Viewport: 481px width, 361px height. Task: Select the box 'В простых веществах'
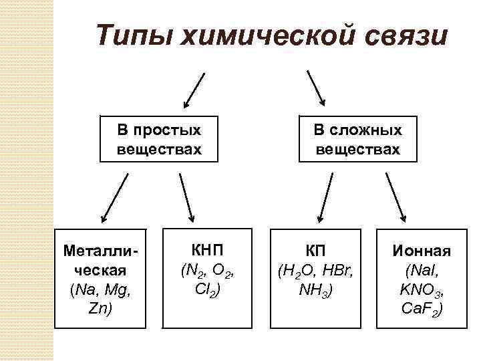[x=159, y=139]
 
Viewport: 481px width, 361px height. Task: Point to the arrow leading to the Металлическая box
[x=114, y=197]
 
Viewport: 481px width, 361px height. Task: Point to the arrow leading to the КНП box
[x=186, y=197]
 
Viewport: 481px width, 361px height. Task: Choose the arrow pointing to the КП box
[x=326, y=197]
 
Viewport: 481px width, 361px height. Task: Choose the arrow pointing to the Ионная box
[x=395, y=197]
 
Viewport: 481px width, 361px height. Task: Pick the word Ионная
[x=422, y=252]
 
